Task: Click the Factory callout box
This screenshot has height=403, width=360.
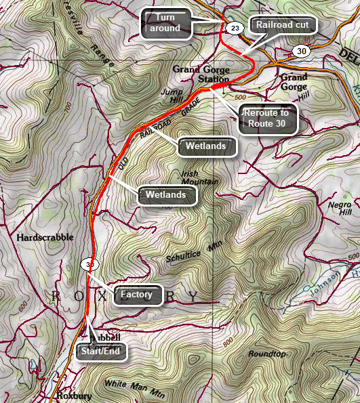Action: click(x=138, y=295)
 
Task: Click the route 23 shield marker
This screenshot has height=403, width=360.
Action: click(x=235, y=28)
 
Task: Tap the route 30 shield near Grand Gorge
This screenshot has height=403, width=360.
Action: click(x=301, y=51)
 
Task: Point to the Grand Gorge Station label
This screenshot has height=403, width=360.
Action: click(x=201, y=74)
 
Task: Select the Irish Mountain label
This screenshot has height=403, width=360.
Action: click(x=199, y=177)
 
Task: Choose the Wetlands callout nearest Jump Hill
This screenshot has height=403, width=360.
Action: click(x=206, y=146)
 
